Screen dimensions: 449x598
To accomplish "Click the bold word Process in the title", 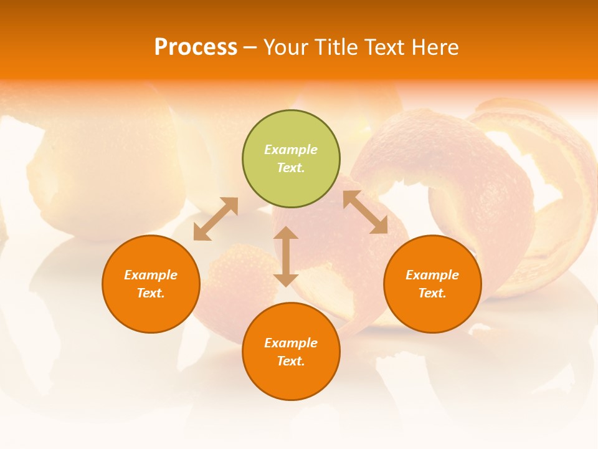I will [196, 47].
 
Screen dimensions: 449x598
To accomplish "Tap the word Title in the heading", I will [338, 47].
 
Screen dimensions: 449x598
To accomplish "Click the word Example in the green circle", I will [291, 150].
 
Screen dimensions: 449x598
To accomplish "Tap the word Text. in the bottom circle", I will [291, 361].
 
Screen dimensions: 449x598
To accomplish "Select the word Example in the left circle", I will [151, 275].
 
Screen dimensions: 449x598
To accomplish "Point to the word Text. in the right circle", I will [432, 293].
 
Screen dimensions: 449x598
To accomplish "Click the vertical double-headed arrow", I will [286, 256].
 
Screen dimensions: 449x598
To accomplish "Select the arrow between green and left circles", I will [216, 219].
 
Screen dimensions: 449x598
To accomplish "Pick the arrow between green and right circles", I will [365, 212].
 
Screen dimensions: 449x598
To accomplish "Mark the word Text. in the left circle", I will [151, 293].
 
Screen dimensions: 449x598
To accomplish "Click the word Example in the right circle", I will [432, 275].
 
